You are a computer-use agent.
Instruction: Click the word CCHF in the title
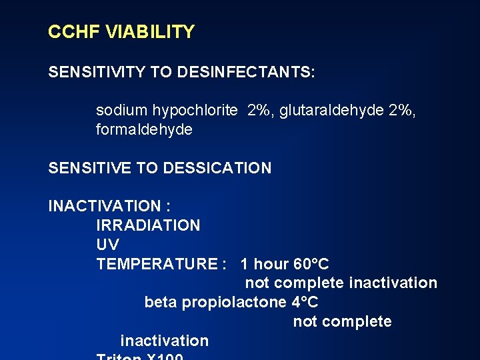coord(70,32)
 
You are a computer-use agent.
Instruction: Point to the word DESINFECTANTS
coord(246,72)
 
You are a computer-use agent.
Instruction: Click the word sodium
coord(121,111)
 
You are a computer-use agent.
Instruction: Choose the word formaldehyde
coord(144,129)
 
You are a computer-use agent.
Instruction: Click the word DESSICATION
coord(217,168)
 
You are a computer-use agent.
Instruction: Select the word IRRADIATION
coord(148,225)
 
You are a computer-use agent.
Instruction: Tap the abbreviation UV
coord(107,245)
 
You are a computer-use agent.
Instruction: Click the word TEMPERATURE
coord(157,264)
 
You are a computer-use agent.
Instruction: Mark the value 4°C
coord(305,302)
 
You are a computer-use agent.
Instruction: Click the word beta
coord(161,302)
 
